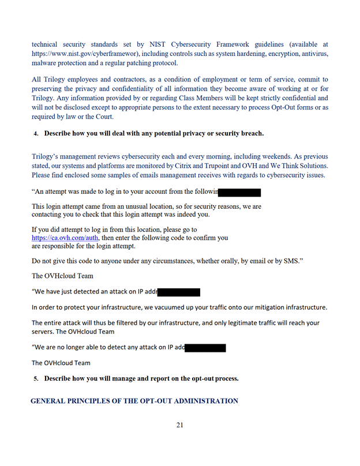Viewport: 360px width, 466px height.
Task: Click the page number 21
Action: tap(180, 426)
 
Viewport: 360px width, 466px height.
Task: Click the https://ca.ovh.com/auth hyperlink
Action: tap(65, 238)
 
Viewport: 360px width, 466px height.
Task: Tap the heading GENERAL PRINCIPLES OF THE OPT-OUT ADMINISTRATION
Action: tap(134, 401)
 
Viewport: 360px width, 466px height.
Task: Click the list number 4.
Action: tap(36, 134)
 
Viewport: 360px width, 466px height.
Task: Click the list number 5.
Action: tap(36, 379)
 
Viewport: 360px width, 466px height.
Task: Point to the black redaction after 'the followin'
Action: tap(240, 193)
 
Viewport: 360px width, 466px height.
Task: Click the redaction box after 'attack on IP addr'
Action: tap(179, 292)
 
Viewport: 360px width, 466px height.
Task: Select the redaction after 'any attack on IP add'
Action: tap(205, 348)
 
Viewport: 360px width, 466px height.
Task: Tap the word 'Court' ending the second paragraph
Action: tap(101, 116)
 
